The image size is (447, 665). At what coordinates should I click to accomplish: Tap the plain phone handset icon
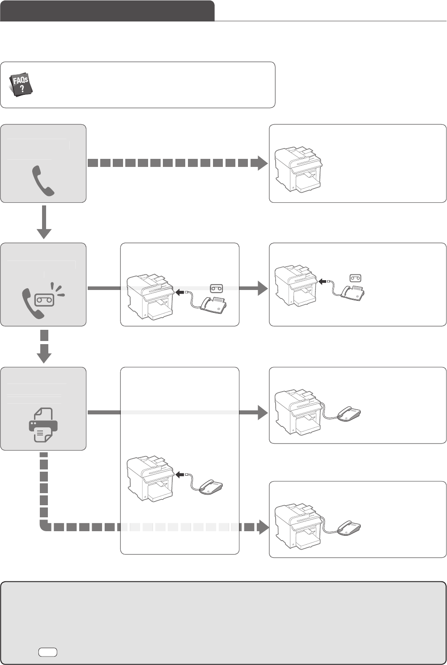tap(43, 180)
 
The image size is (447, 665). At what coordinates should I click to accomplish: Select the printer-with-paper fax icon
tap(43, 425)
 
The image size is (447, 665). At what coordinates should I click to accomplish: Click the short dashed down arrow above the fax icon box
tap(44, 347)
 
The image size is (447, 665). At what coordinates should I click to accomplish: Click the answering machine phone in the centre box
tap(214, 306)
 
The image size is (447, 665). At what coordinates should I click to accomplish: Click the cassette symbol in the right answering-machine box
tap(356, 278)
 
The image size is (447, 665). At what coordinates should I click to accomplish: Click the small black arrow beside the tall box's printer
tap(181, 475)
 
